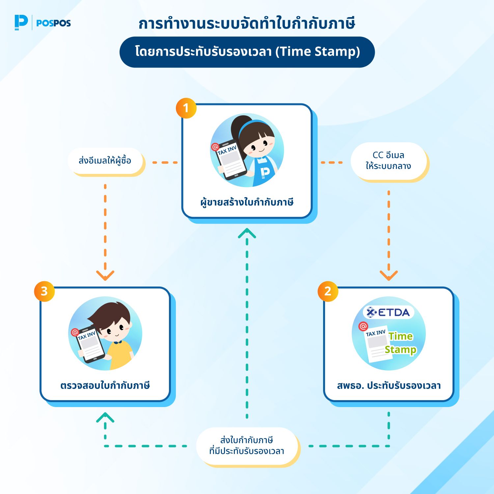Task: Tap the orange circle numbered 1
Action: click(x=186, y=108)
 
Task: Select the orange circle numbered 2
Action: click(x=328, y=291)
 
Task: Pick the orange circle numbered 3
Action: click(x=44, y=291)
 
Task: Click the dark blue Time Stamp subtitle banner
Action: click(x=247, y=52)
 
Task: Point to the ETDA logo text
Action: click(x=389, y=312)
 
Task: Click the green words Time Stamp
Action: click(x=400, y=343)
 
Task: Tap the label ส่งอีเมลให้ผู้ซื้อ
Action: click(x=105, y=161)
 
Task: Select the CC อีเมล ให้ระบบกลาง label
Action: click(x=389, y=161)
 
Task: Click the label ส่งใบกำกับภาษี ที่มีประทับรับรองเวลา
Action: click(x=247, y=446)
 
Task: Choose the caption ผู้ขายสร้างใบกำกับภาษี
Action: click(x=247, y=202)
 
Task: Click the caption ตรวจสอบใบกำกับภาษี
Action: click(x=105, y=385)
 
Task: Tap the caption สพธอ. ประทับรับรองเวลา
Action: click(x=389, y=385)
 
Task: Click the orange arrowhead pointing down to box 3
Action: click(x=105, y=275)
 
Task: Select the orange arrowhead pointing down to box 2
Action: click(x=389, y=275)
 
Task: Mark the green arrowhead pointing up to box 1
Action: click(x=247, y=233)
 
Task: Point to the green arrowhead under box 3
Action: click(x=105, y=417)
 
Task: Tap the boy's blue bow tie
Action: click(x=118, y=342)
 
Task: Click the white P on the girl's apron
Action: click(x=265, y=172)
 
